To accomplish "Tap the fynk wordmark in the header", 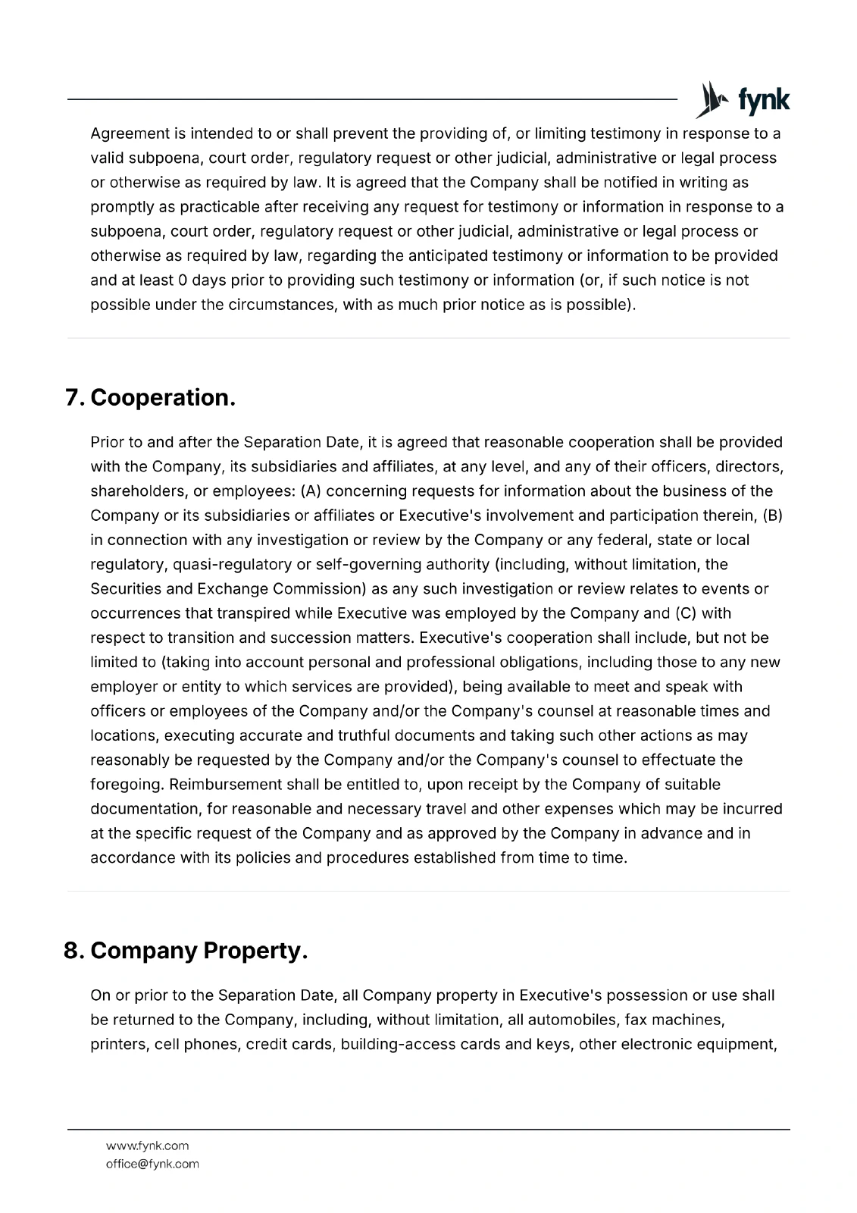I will tap(763, 101).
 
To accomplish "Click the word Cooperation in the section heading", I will tap(163, 397).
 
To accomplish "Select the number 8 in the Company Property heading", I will tap(73, 950).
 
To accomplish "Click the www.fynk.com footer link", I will tap(147, 1146).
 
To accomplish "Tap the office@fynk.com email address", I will tap(152, 1164).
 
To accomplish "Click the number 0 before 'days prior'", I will tap(182, 280).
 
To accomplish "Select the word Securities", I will tap(126, 589).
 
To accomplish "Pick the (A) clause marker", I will tap(311, 491).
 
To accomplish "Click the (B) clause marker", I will tap(772, 516).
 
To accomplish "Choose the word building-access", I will tap(393, 1044).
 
